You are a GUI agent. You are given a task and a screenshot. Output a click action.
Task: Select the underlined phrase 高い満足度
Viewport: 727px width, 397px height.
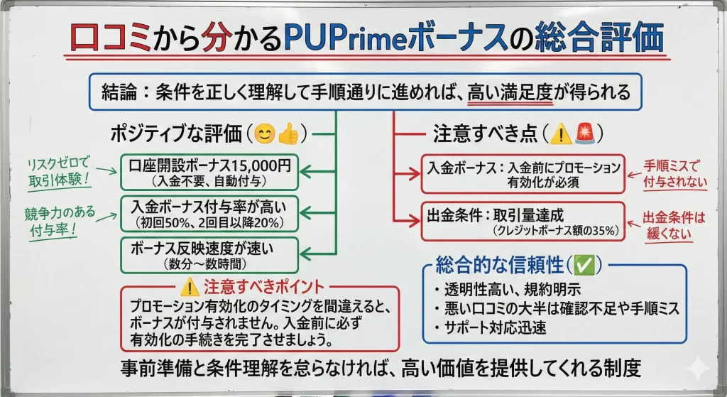coord(510,92)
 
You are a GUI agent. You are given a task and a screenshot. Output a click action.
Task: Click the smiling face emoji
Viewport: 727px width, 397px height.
coord(265,133)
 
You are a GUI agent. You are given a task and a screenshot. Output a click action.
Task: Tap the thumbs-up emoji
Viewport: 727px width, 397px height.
coord(288,133)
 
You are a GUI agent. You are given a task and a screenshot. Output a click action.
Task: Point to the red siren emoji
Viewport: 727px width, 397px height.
coord(584,133)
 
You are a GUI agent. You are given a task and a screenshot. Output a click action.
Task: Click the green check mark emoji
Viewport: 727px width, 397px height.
coord(585,266)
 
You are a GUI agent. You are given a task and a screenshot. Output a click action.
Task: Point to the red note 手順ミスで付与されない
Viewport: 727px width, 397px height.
coord(671,174)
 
